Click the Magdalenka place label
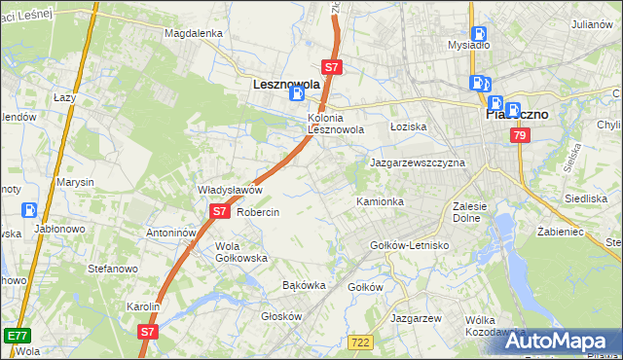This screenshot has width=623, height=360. coord(194,32)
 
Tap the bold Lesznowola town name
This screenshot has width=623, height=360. coord(286,85)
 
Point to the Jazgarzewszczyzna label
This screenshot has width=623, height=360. coord(418,162)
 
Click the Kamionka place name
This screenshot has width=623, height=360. coord(380,201)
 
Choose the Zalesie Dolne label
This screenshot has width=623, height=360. coord(475,212)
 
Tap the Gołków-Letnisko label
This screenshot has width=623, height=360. coord(410,245)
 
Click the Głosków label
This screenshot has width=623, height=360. coord(282,316)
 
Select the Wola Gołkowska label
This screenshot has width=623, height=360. coord(240,252)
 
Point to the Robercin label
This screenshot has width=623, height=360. coord(258,212)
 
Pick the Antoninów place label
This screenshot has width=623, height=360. coord(171,234)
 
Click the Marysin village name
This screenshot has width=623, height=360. coord(75,182)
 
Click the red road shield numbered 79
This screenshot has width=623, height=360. coord(521,137)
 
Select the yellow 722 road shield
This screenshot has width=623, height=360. coord(361,341)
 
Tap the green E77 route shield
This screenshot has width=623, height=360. coord(16,336)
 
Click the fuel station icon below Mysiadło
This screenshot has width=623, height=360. coord(479,83)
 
